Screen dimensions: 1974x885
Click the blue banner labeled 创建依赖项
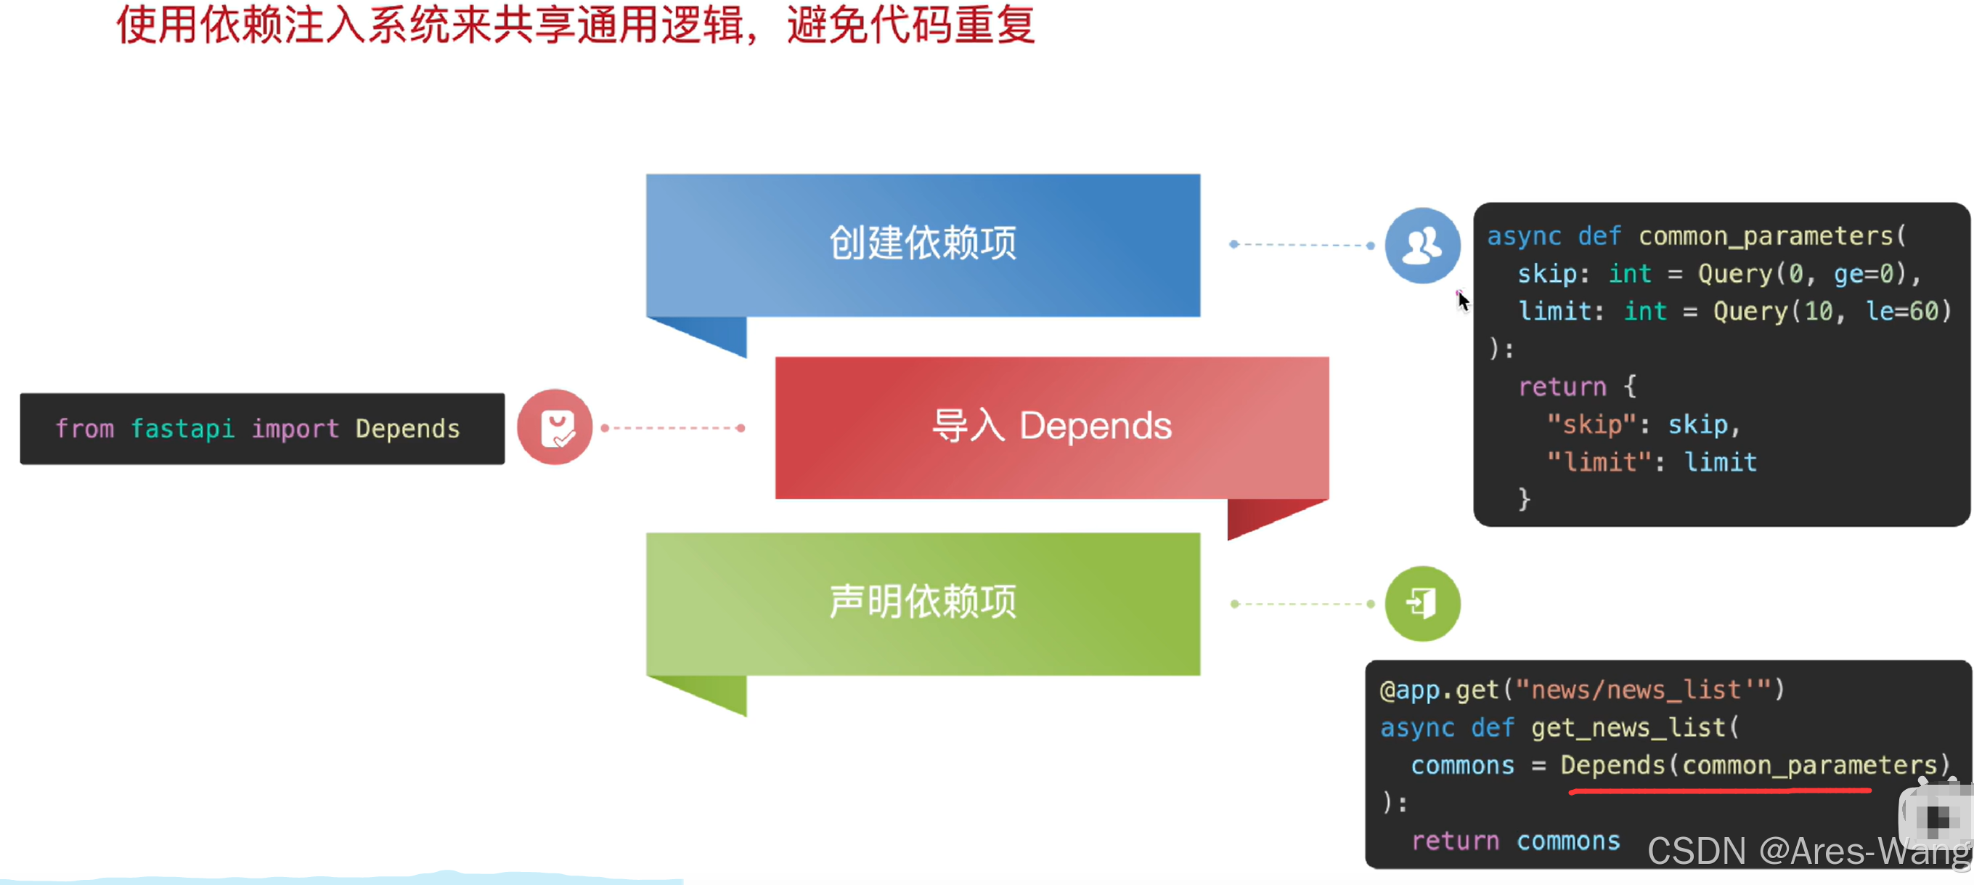(x=923, y=246)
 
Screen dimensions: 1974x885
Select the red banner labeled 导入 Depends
(x=1052, y=427)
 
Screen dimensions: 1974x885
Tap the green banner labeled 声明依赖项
(x=923, y=604)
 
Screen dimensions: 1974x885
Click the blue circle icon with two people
(x=1422, y=246)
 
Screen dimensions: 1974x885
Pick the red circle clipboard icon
(x=555, y=427)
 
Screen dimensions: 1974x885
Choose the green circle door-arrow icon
(x=1422, y=604)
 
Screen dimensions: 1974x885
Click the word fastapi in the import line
(x=182, y=429)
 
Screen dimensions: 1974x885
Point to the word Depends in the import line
(x=408, y=429)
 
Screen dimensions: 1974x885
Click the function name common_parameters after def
(x=1766, y=237)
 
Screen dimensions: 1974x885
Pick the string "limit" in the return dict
(x=1599, y=461)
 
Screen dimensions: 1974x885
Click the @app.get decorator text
(x=1438, y=690)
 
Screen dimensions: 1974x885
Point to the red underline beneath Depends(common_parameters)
(x=1721, y=791)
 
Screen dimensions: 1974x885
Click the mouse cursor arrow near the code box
(x=1463, y=302)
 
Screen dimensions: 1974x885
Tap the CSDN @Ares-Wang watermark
(x=1809, y=852)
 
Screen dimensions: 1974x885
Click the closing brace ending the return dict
(x=1524, y=500)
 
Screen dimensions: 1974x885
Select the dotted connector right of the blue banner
(x=1302, y=245)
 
